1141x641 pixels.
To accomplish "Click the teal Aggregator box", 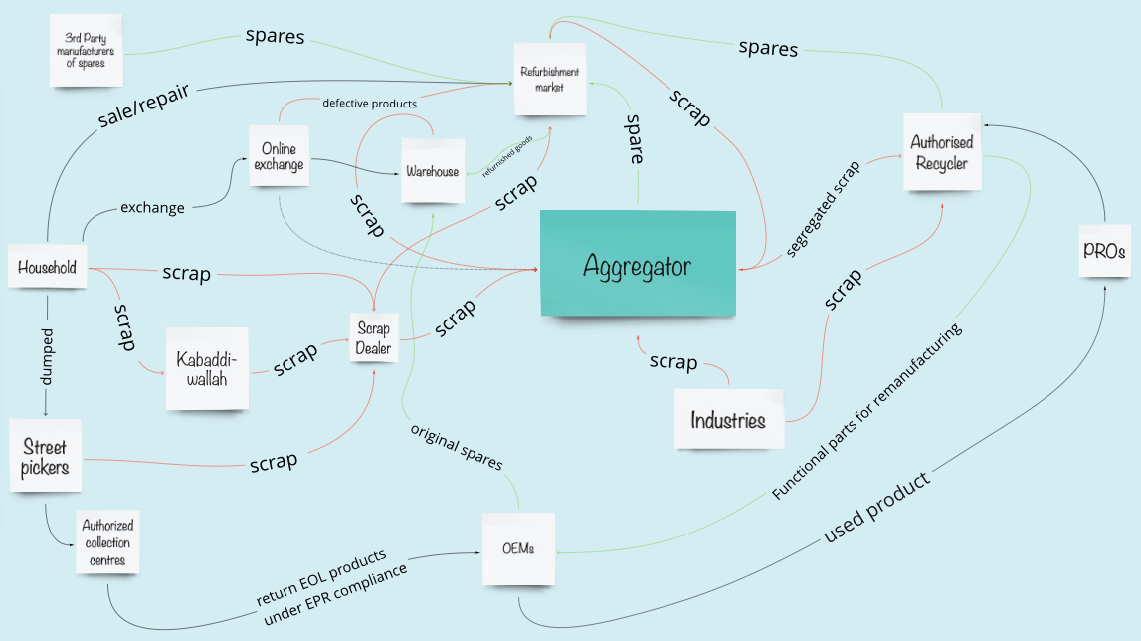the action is click(639, 263).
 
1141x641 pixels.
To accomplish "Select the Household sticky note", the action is click(48, 267).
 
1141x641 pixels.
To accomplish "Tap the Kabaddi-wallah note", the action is click(207, 368).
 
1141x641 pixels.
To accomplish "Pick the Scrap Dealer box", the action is click(373, 338).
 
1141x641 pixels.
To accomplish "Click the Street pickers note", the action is click(45, 456).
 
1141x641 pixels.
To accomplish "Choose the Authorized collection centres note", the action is click(107, 541).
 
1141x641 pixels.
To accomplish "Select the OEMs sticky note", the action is click(519, 548).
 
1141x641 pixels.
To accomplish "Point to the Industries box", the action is click(728, 420).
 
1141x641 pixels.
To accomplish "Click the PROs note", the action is click(1104, 251).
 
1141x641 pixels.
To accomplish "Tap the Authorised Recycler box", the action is click(942, 152).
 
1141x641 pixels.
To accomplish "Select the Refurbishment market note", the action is click(550, 79).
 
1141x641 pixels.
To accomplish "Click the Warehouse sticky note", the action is click(433, 171).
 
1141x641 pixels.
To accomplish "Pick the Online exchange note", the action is click(280, 156).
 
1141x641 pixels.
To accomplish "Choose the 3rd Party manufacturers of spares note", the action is click(86, 50).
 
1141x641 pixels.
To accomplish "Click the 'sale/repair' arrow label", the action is click(144, 106).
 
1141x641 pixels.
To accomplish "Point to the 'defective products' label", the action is click(370, 104).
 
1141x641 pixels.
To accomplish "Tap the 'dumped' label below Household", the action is click(47, 357).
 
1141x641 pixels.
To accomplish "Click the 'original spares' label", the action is click(457, 447).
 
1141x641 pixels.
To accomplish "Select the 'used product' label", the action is click(876, 507).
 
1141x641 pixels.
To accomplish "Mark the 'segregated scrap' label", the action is click(823, 209).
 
